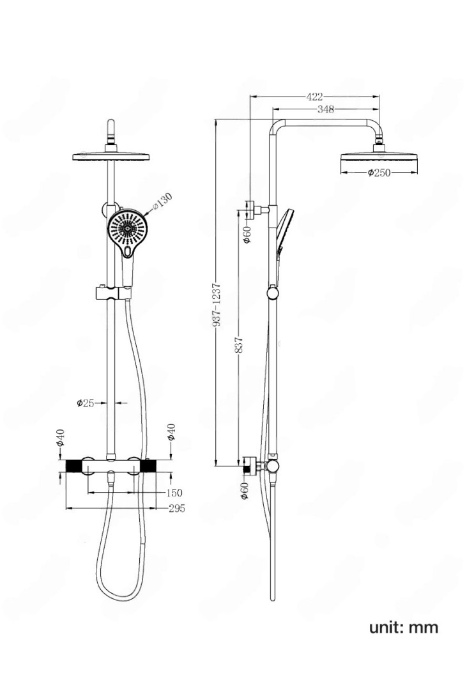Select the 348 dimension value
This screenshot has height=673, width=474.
[x=326, y=110]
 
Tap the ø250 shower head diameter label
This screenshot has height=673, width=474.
[x=379, y=173]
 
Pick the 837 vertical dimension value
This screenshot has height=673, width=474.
[x=239, y=346]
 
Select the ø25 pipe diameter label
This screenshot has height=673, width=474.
[x=86, y=403]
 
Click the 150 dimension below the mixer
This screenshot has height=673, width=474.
[x=174, y=493]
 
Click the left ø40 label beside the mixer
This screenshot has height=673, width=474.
[x=60, y=438]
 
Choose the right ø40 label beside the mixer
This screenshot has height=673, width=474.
[x=170, y=432]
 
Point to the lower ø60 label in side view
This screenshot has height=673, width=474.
[x=245, y=491]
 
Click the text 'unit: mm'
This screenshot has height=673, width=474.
[x=404, y=627]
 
